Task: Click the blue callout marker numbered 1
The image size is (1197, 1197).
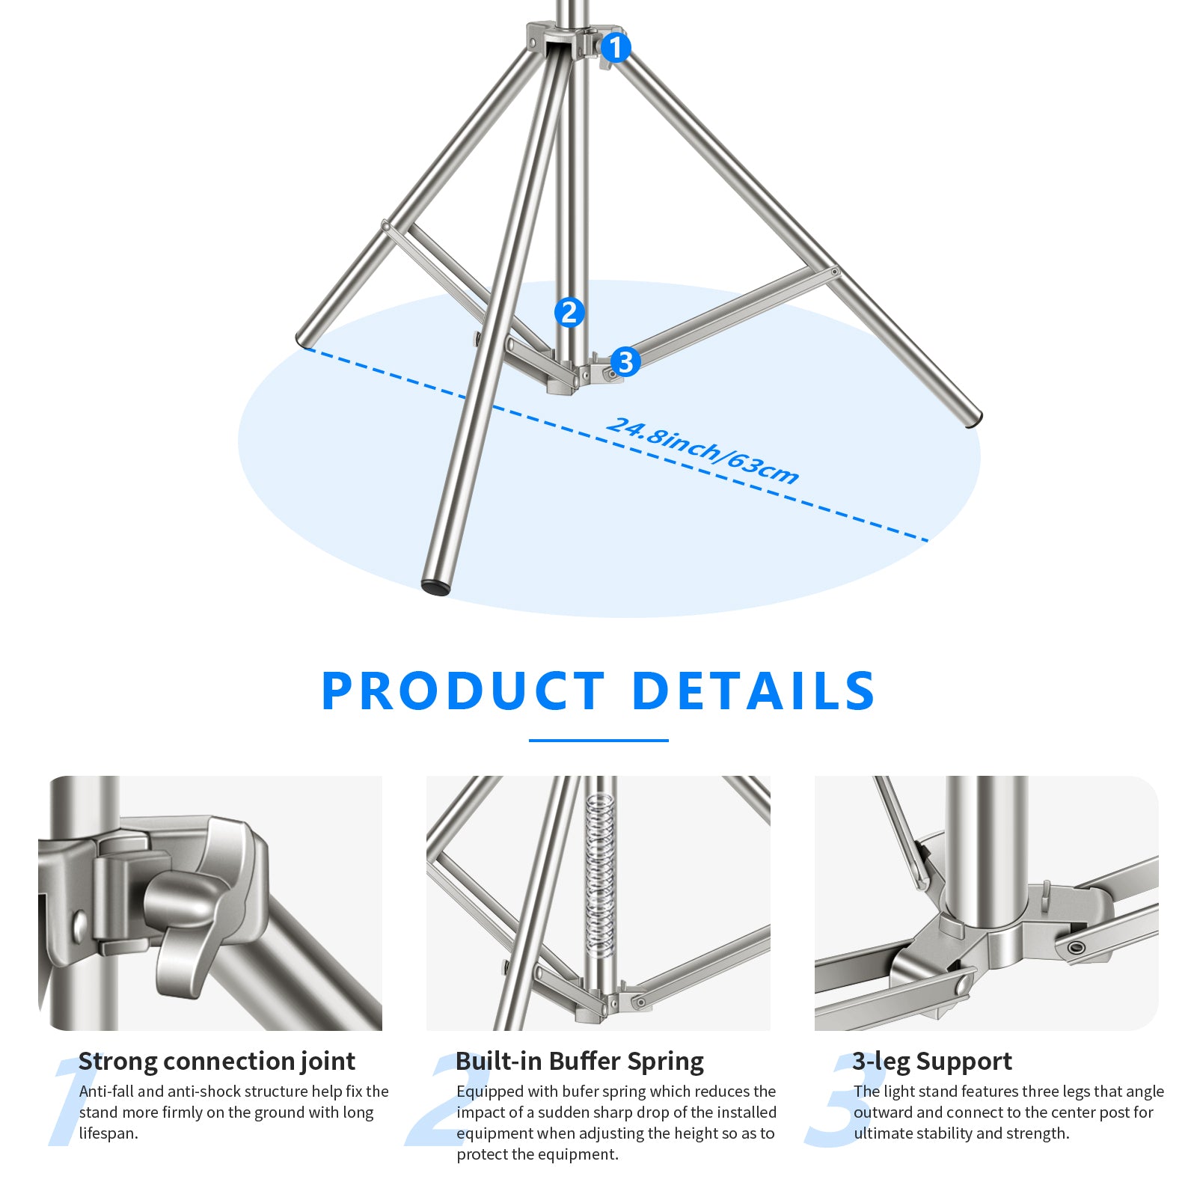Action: [x=615, y=48]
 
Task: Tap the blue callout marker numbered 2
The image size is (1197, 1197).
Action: [x=569, y=312]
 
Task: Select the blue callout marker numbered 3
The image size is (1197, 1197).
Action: [x=625, y=363]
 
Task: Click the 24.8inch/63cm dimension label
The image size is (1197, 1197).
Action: [x=702, y=451]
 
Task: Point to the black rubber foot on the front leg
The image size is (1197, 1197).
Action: [x=436, y=587]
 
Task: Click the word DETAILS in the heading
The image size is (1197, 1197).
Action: [x=753, y=691]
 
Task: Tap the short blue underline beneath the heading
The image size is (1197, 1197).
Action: [x=598, y=741]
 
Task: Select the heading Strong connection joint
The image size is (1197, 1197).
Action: [x=217, y=1061]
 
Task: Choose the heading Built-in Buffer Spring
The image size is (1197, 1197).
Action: [x=580, y=1061]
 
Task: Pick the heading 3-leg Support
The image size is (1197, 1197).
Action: [x=932, y=1061]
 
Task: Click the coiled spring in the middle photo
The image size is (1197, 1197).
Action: [x=599, y=875]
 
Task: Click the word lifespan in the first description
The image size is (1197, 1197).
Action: [x=108, y=1133]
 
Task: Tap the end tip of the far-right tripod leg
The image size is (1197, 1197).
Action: [x=973, y=420]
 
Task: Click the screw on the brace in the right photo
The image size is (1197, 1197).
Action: [x=1077, y=948]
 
